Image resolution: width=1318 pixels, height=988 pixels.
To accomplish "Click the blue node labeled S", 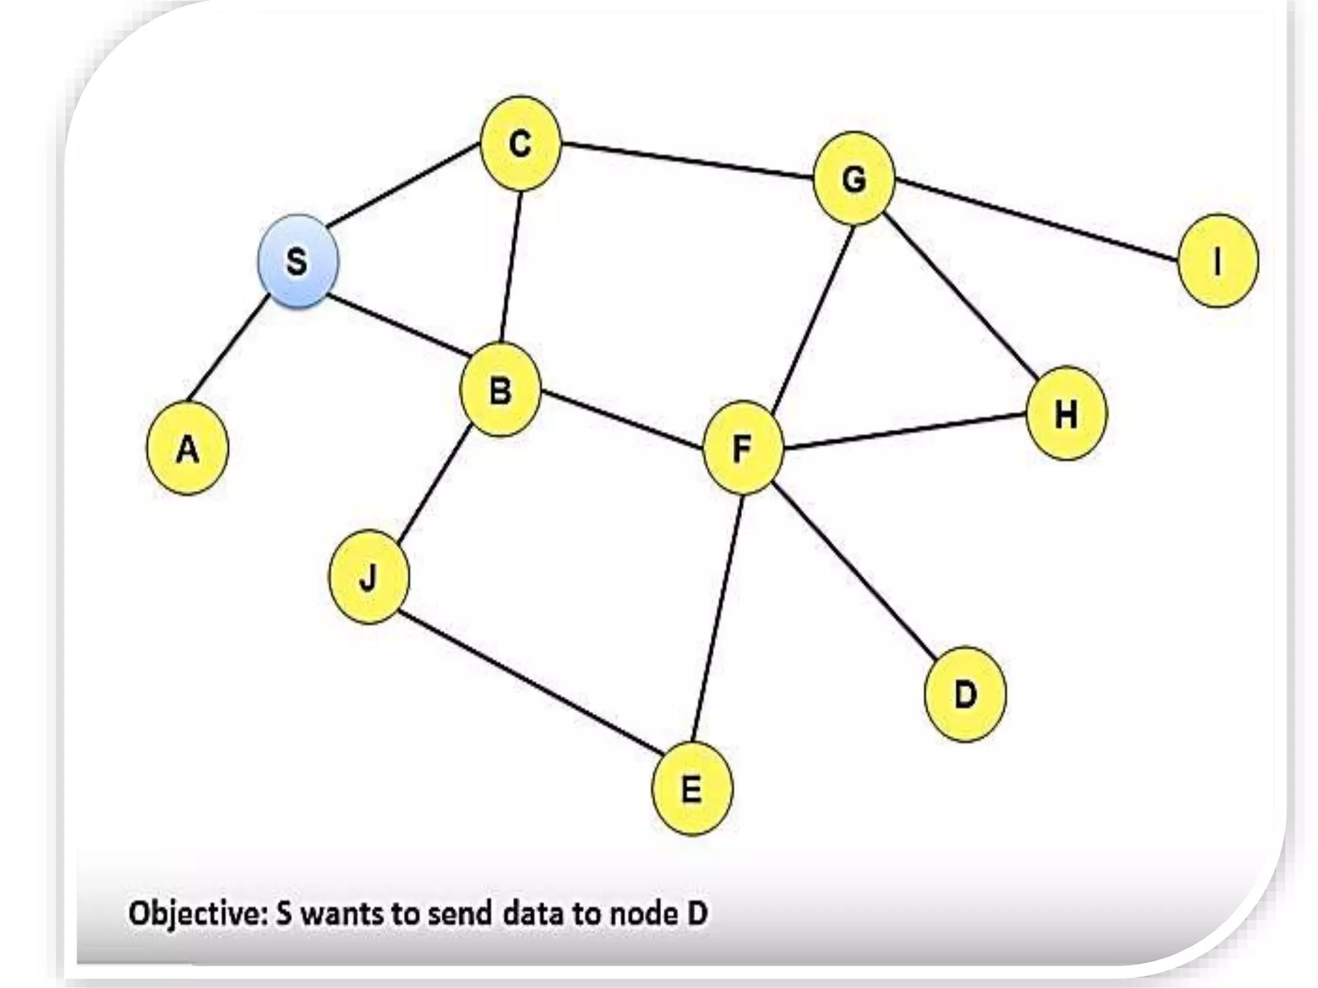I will [297, 261].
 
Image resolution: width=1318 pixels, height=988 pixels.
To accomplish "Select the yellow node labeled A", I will [187, 448].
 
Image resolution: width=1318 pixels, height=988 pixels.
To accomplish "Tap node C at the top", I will [521, 143].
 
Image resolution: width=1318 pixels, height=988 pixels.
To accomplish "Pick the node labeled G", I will [854, 178].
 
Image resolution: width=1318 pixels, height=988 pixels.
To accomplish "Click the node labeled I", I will [1217, 261].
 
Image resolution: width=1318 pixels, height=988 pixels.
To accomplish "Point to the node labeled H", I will [1066, 413].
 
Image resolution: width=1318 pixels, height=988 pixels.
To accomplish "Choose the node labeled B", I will [501, 390].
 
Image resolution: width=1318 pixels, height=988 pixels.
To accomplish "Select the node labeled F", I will [743, 448].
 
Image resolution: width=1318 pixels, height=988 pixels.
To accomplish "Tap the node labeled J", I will [368, 577].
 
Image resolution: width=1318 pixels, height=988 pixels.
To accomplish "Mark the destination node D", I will [965, 695].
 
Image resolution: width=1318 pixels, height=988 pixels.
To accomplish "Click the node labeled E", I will [692, 789].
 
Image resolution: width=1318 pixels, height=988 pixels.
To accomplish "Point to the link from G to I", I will [1036, 220].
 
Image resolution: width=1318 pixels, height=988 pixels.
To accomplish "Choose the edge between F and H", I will [904, 430].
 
